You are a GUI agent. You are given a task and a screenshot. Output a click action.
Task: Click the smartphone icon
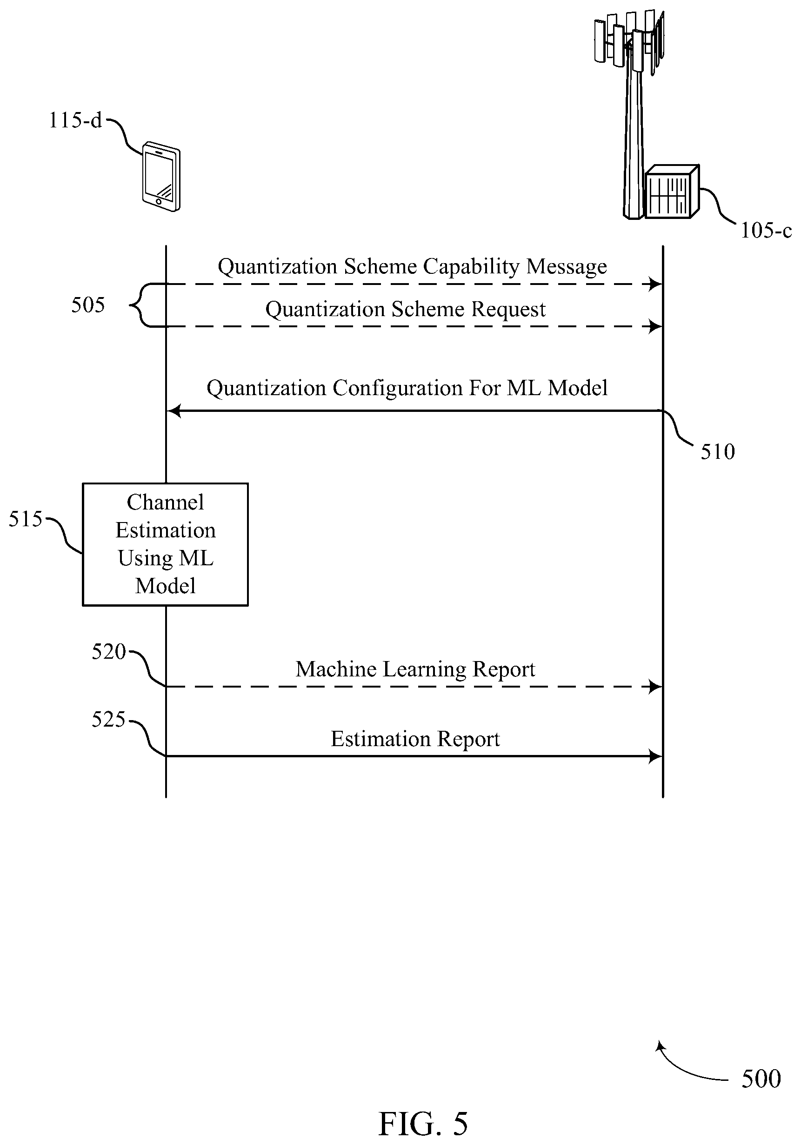(160, 177)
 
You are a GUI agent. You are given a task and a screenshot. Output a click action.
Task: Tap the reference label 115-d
(75, 120)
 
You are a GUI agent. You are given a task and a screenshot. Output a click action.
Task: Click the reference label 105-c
(766, 231)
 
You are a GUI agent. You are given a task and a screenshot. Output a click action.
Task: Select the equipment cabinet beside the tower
(672, 192)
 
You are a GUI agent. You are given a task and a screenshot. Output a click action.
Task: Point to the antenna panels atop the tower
(629, 40)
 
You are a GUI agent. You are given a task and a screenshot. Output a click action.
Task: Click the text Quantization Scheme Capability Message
(412, 267)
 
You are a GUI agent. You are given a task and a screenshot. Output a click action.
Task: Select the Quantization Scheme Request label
(405, 310)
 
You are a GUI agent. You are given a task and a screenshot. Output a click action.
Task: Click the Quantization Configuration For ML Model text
(407, 388)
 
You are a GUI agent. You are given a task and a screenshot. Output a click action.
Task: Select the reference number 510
(718, 452)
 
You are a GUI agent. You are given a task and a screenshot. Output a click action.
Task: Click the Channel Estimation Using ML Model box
(165, 544)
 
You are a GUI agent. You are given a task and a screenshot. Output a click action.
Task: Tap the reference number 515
(26, 519)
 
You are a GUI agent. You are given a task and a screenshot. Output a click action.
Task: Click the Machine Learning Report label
(415, 669)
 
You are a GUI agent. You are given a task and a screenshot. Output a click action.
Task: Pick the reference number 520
(109, 652)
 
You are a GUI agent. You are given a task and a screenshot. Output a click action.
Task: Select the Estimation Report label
(415, 739)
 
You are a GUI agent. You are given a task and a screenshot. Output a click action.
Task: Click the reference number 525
(108, 720)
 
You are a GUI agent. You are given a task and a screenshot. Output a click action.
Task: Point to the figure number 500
(761, 1079)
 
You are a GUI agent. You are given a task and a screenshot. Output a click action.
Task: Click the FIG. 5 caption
(423, 1124)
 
